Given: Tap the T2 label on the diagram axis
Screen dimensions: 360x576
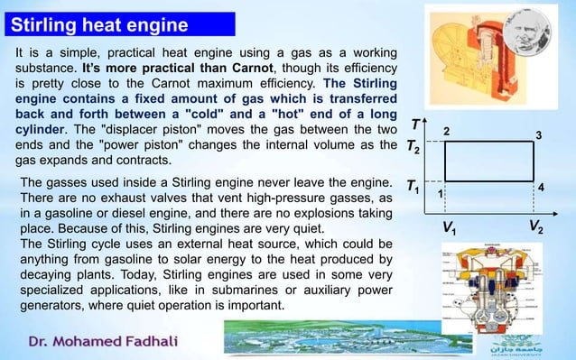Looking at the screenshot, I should [413, 146].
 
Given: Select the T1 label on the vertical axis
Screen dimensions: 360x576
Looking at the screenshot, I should [413, 188].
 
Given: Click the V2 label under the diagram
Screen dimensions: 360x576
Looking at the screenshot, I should [534, 226].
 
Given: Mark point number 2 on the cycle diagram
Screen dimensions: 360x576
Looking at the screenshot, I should [444, 132].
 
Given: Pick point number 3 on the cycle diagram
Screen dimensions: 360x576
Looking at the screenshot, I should [538, 135].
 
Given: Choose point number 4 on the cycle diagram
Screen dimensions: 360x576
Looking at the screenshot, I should [541, 185].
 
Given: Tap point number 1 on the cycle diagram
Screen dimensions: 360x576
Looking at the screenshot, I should [440, 193].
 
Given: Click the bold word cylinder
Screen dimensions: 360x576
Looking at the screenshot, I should [42, 128].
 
